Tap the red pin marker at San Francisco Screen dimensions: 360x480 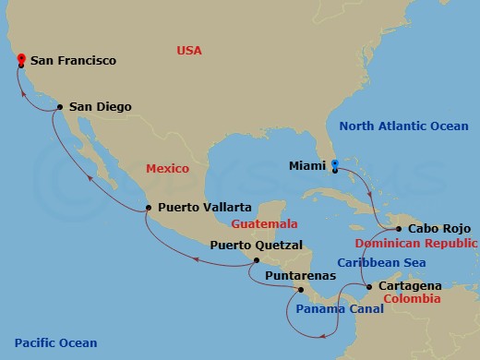tap(20, 59)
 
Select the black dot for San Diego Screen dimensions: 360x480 tap(60, 107)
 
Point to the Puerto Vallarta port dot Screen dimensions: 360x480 tap(148, 209)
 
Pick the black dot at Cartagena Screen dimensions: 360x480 tap(370, 287)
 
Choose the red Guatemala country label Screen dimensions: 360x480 tap(264, 223)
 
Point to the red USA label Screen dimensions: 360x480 tap(189, 50)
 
